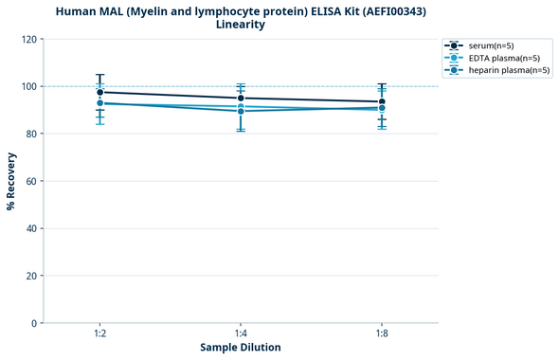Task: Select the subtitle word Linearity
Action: [x=241, y=25]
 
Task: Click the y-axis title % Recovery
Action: [x=11, y=180]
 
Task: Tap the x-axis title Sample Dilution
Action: [x=241, y=347]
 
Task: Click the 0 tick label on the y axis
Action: [x=35, y=323]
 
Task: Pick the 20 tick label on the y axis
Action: [x=32, y=276]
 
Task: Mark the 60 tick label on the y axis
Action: [x=32, y=181]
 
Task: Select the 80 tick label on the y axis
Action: [x=32, y=134]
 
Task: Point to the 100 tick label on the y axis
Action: [x=29, y=86]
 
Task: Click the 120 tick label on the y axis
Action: [x=29, y=39]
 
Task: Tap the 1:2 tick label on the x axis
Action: [x=99, y=333]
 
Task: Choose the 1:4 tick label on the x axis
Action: [x=241, y=333]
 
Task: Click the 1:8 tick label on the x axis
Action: [x=382, y=333]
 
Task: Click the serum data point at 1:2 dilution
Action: [x=99, y=92]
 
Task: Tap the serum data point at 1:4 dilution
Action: [x=241, y=98]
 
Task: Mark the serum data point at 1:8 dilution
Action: [x=382, y=101]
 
